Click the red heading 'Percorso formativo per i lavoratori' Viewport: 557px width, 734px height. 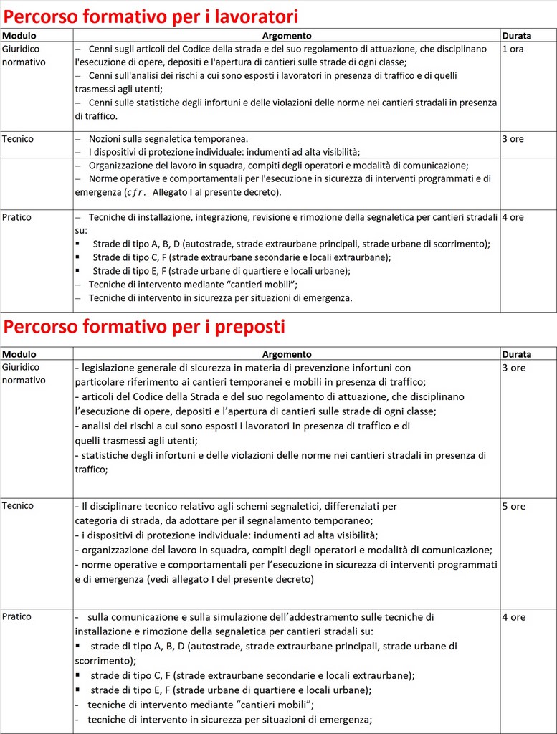[151, 16]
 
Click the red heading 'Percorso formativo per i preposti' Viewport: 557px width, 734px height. [144, 327]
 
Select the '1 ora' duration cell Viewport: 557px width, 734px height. [513, 49]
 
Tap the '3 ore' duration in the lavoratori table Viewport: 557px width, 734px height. [513, 139]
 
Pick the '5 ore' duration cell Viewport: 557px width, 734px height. [513, 506]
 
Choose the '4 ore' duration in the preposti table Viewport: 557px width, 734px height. [513, 617]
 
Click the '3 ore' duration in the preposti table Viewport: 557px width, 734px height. [513, 368]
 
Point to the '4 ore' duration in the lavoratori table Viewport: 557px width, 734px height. [513, 217]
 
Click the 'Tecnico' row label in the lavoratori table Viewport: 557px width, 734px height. [18, 139]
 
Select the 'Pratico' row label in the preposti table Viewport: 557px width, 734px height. [17, 617]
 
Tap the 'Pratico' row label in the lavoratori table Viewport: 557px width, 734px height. [17, 217]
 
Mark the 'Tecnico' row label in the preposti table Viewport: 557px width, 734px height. [18, 506]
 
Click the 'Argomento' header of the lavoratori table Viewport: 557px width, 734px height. [286, 35]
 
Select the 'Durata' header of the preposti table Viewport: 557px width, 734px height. [516, 354]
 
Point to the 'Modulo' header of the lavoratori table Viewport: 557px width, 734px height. [19, 35]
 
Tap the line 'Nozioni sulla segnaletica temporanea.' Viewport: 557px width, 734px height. [168, 138]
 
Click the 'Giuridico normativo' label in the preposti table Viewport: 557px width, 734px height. [24, 373]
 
